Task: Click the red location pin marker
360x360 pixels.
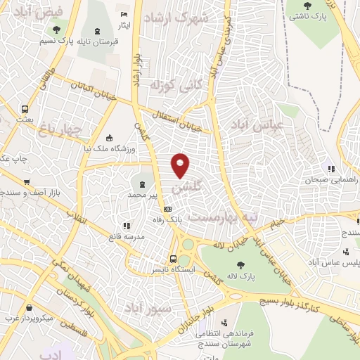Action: pos(181,165)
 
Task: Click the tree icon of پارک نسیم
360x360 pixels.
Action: pos(56,30)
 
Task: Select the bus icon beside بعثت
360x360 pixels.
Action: pos(25,109)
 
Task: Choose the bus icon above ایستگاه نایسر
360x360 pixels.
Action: pos(173,258)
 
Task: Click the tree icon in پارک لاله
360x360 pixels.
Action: pos(240,265)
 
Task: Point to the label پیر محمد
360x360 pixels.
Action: pos(147,193)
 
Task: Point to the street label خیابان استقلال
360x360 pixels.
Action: pos(181,120)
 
